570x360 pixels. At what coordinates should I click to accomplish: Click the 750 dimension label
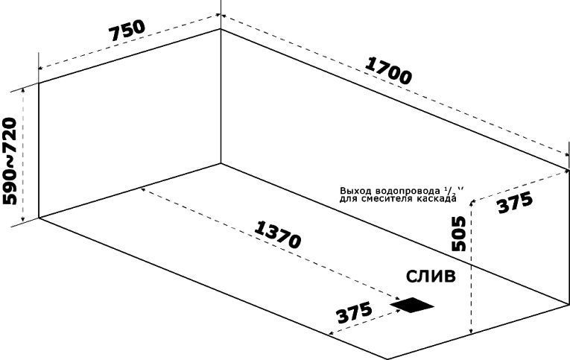(x=127, y=30)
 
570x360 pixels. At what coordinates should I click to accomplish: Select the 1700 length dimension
(x=388, y=71)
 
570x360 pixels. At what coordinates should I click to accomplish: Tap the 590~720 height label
(x=10, y=161)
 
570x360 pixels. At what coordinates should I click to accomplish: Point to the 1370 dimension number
(x=278, y=235)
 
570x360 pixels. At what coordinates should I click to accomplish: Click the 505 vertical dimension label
(x=459, y=233)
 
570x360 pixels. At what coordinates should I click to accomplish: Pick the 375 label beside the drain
(x=355, y=312)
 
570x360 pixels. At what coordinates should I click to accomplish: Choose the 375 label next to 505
(x=515, y=202)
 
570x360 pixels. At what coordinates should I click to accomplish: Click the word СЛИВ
(x=431, y=277)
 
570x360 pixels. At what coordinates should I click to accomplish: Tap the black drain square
(x=412, y=305)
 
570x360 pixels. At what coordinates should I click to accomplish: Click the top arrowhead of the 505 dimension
(x=472, y=203)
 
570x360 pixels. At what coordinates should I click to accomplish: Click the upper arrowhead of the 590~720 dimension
(x=23, y=90)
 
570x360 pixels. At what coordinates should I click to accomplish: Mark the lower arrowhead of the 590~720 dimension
(x=23, y=218)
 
